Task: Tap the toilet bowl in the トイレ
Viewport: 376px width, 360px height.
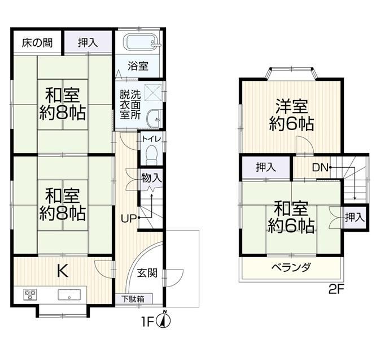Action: (151, 155)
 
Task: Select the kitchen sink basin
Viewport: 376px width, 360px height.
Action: (69, 294)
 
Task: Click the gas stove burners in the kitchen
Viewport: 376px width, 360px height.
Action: (30, 294)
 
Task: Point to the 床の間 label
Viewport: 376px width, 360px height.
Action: (37, 43)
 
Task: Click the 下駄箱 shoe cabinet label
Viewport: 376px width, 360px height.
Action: (133, 299)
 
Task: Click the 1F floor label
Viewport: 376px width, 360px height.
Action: (147, 322)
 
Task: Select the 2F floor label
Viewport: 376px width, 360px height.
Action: (336, 290)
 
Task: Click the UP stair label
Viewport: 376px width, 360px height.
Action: (129, 218)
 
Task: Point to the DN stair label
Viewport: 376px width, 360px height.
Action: (320, 167)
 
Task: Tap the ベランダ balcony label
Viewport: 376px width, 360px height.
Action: (291, 267)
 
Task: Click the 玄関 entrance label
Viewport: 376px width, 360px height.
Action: (147, 273)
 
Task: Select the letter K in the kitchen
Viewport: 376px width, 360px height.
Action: (63, 271)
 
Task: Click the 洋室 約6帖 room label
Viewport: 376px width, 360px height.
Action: (291, 115)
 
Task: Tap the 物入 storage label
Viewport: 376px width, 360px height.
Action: (151, 178)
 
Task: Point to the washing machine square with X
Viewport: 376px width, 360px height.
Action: (153, 93)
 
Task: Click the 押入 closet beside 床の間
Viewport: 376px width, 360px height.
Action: (88, 43)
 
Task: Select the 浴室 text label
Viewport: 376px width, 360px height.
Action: (138, 66)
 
